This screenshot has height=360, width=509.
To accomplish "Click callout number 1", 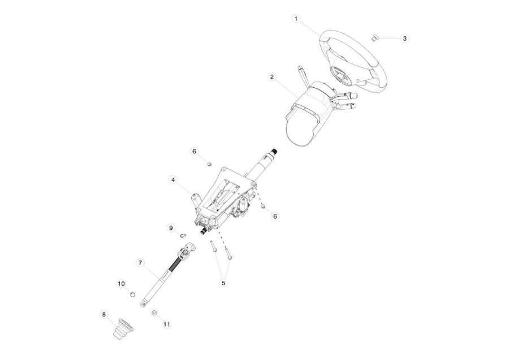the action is coord(296,19).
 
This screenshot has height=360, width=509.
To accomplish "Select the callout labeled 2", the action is coord(271,77).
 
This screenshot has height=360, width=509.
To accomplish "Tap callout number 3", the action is coord(404,38).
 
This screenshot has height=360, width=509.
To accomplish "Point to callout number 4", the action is coord(173,179).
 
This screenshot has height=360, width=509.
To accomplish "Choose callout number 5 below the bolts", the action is coord(223,282).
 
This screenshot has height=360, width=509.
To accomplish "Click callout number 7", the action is coord(140,263).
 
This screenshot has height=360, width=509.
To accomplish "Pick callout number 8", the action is coord(104,314).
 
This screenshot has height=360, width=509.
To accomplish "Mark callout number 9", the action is coord(171,228).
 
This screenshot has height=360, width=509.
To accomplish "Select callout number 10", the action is coord(121,284).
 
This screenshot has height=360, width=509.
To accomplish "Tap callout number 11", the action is coord(166,324).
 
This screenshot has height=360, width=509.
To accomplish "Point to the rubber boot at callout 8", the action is coord(123,329).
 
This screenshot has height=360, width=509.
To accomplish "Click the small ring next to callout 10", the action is coord(132,294).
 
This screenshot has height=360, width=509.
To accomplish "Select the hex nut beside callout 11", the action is coord(154,312).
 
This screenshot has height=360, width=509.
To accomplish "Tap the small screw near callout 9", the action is coord(183,234).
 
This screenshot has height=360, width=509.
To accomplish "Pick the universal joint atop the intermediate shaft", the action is coord(187,250).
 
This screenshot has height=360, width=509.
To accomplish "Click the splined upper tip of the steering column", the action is coord(275,151).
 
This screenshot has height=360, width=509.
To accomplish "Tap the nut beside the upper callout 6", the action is coord(210,163).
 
